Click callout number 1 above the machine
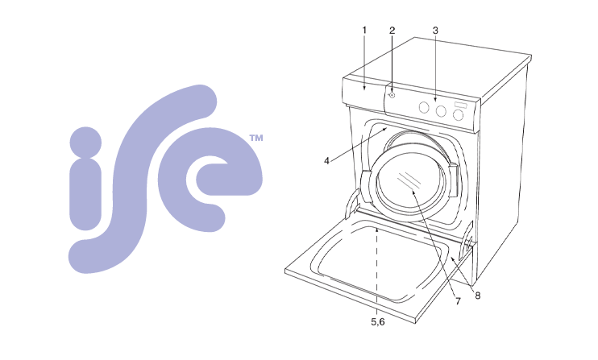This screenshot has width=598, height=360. click(x=364, y=30)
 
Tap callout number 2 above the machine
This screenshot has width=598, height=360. click(x=392, y=30)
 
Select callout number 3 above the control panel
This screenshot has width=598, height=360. click(x=435, y=30)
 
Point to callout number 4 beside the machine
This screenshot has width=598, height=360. click(x=326, y=161)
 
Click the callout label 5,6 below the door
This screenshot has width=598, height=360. click(x=377, y=322)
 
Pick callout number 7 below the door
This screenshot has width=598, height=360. click(x=458, y=301)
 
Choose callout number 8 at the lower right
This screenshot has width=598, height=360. click(x=477, y=295)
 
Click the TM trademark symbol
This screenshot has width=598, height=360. click(x=256, y=138)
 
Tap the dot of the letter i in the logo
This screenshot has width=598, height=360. click(x=85, y=143)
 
